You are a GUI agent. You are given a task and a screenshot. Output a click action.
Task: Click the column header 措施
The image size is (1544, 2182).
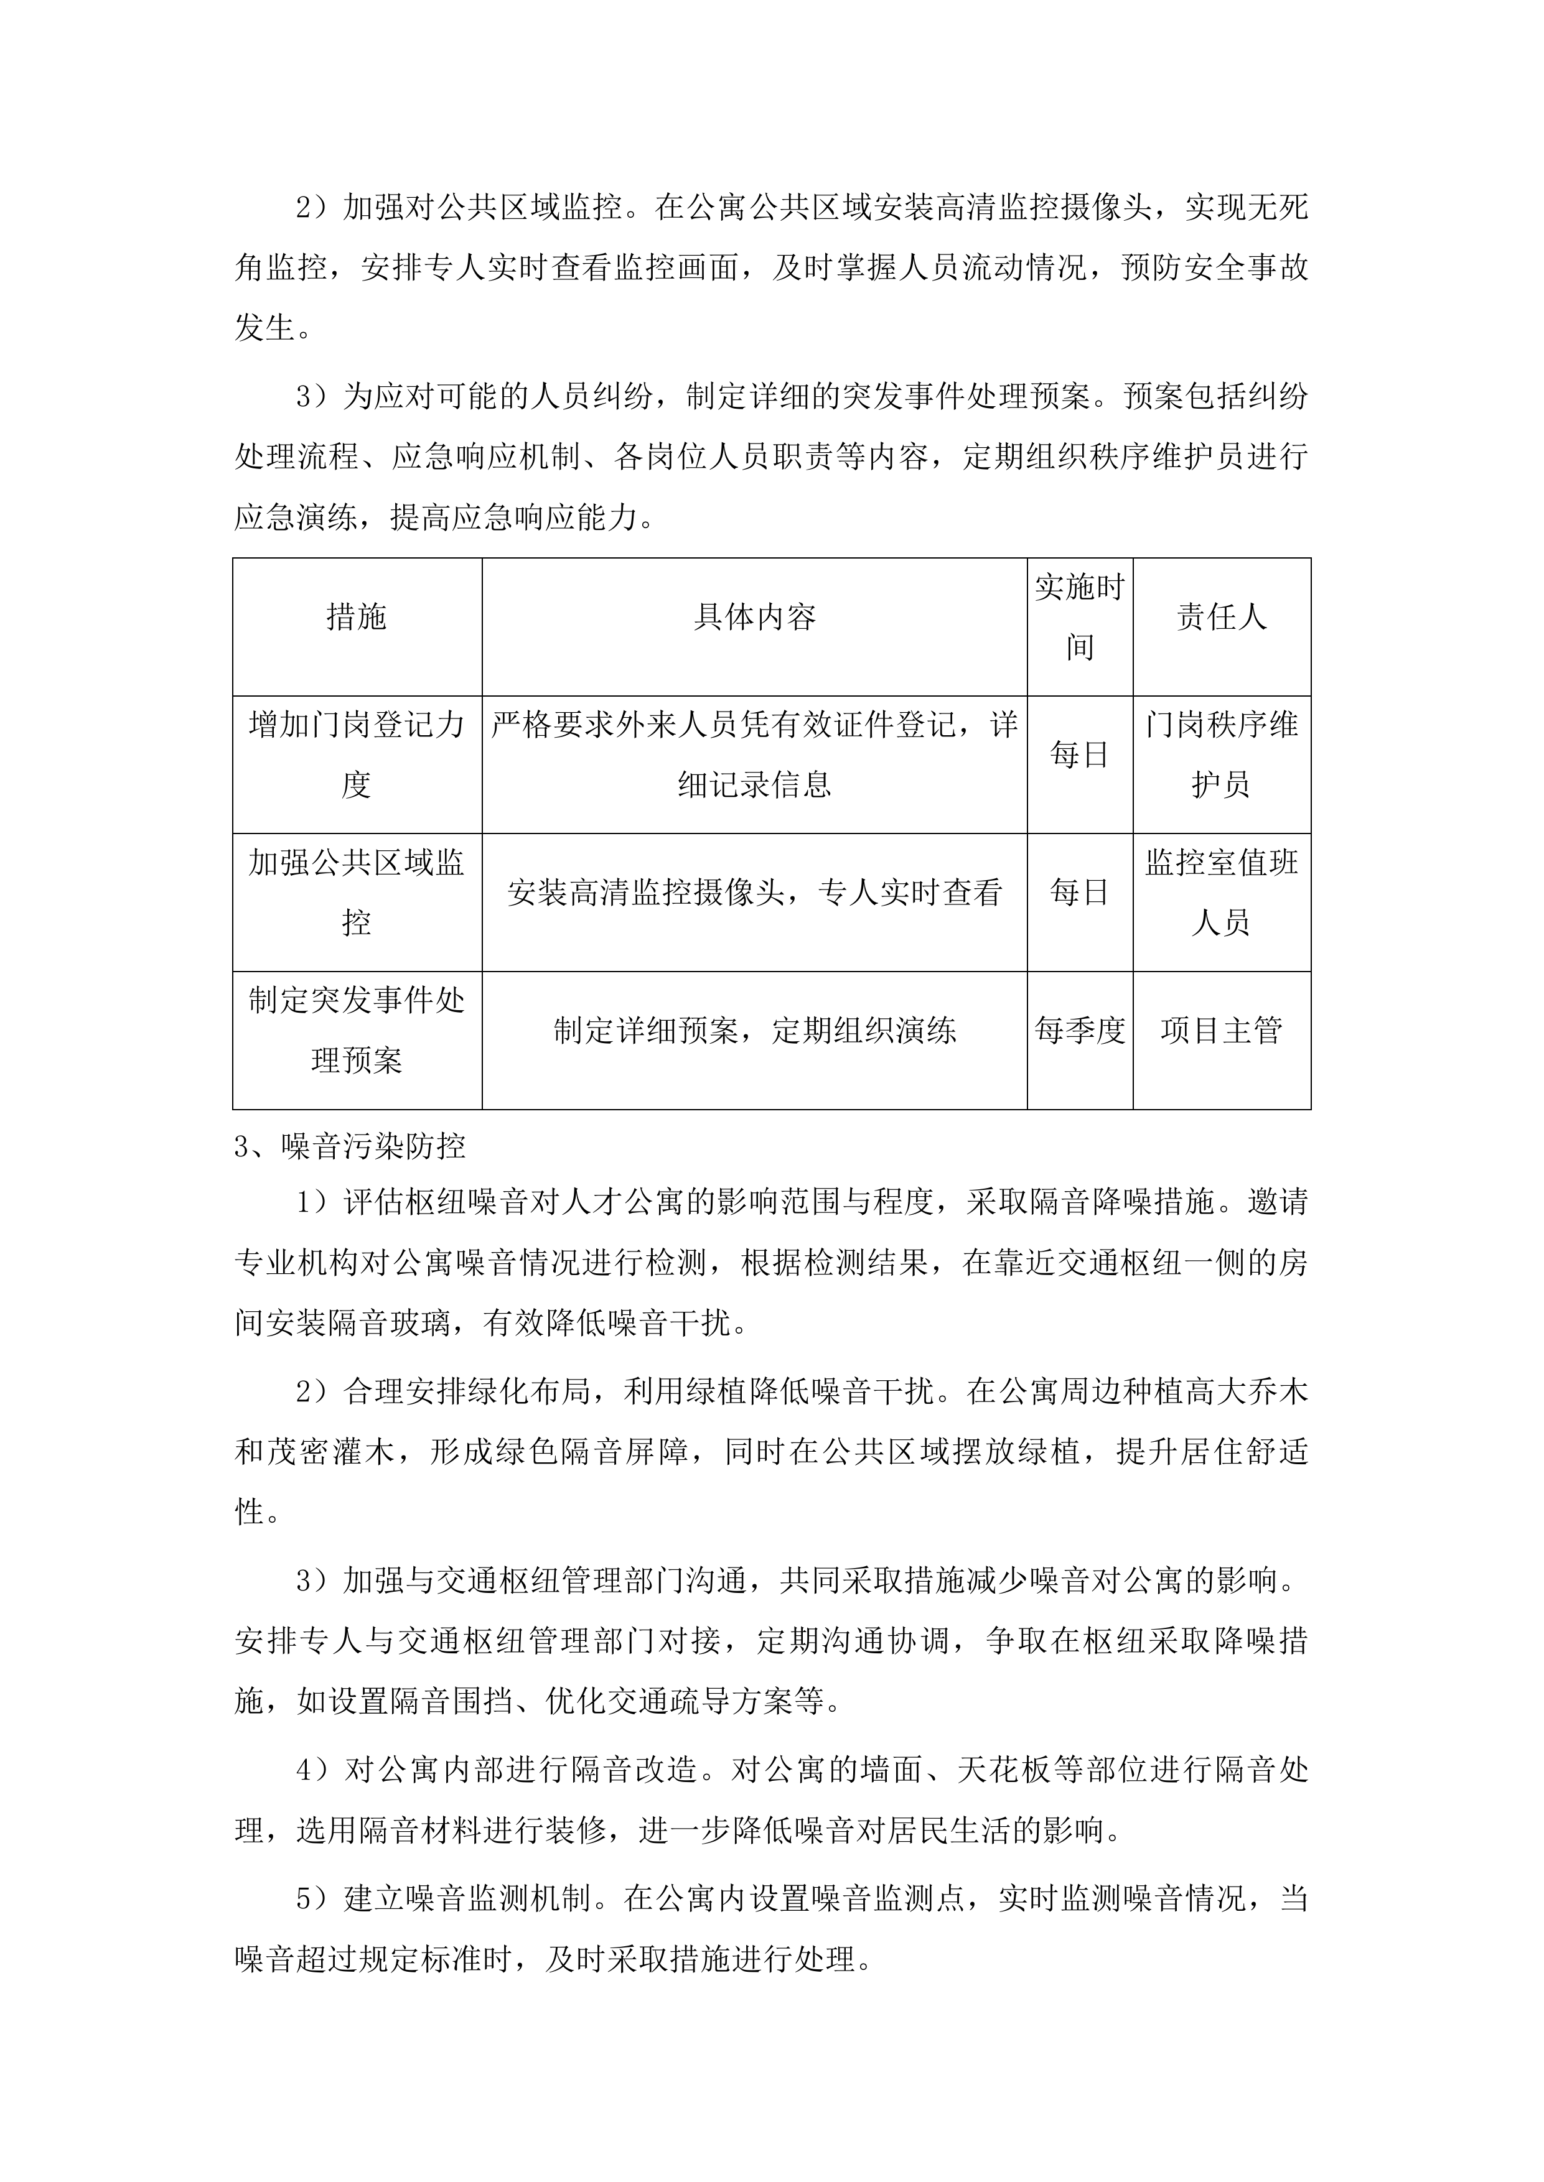(357, 618)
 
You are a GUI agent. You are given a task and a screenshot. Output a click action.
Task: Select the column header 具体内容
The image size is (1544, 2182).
(754, 618)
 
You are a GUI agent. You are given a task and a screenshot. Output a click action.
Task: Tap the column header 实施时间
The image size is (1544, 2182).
(1079, 618)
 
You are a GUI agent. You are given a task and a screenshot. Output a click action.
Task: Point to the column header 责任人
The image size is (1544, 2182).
(1221, 618)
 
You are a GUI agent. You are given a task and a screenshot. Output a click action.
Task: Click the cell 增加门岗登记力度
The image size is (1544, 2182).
(357, 756)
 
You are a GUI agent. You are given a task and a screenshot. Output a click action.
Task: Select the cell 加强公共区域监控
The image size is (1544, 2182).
(357, 893)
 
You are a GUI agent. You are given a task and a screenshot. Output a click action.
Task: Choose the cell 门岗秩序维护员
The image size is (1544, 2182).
(1221, 756)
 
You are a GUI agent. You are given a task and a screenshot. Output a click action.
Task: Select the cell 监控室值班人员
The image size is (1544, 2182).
(1221, 893)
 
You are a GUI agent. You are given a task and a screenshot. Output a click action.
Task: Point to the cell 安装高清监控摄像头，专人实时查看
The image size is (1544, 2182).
(754, 893)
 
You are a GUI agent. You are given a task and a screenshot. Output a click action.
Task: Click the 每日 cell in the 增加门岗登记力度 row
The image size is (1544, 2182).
(1079, 756)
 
